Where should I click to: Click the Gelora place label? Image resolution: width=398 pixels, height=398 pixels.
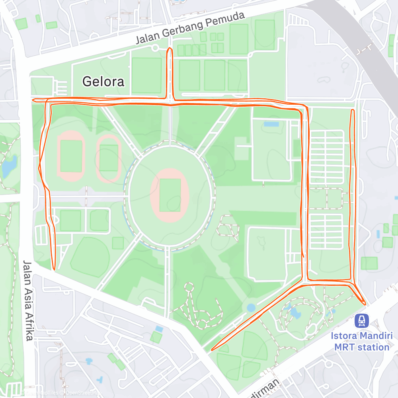[103, 82]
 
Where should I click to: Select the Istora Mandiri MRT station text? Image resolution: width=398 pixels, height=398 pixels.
[361, 341]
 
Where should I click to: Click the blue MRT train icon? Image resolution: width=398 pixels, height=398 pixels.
[361, 320]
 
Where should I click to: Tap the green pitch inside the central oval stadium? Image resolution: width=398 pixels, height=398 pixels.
[170, 195]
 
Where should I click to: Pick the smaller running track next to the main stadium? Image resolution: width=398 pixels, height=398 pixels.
[109, 158]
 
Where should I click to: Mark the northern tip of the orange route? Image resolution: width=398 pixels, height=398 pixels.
[170, 48]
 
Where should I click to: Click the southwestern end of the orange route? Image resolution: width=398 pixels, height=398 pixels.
[212, 350]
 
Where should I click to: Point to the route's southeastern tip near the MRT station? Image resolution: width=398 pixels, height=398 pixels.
[364, 304]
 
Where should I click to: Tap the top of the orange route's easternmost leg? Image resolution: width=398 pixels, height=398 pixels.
[352, 110]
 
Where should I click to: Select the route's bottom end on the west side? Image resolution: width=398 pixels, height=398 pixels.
[54, 269]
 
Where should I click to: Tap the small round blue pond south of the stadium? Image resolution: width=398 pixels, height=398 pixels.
[251, 308]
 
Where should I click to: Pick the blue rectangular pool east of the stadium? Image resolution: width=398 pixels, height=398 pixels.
[271, 124]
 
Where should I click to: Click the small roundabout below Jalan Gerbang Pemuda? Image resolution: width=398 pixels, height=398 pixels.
[155, 48]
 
